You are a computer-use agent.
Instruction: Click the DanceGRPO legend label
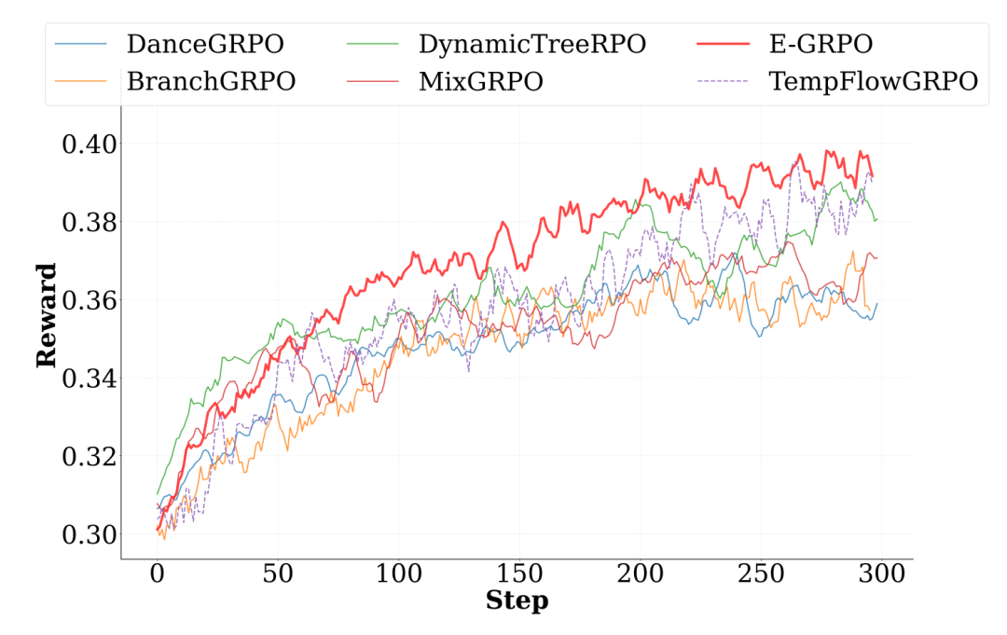coord(205,44)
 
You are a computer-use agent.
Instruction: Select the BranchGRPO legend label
coord(211,81)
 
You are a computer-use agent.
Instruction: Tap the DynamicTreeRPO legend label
coord(531,44)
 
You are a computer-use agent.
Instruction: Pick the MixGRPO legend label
coord(481,81)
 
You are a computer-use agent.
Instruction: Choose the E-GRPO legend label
coord(820,44)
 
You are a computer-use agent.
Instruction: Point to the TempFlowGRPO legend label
coord(873,81)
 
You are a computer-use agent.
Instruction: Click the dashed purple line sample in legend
coord(722,81)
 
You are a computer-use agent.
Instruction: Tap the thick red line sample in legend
coord(722,44)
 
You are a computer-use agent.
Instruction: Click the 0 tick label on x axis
coord(157,576)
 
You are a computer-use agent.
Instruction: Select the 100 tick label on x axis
coord(398,576)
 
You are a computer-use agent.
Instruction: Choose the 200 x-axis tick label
coord(640,576)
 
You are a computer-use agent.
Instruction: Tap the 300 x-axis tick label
coord(881,576)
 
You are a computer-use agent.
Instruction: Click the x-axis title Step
coord(517,601)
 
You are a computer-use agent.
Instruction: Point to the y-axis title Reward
coord(46,314)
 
